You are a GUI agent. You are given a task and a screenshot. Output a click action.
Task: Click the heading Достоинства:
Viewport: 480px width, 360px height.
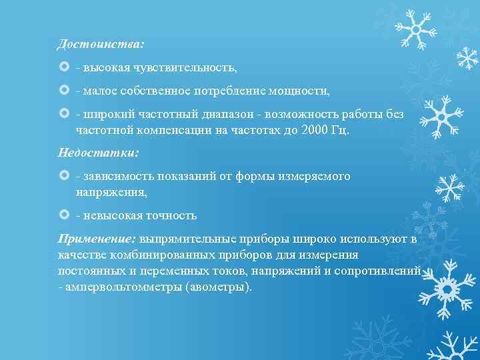click(x=101, y=44)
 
